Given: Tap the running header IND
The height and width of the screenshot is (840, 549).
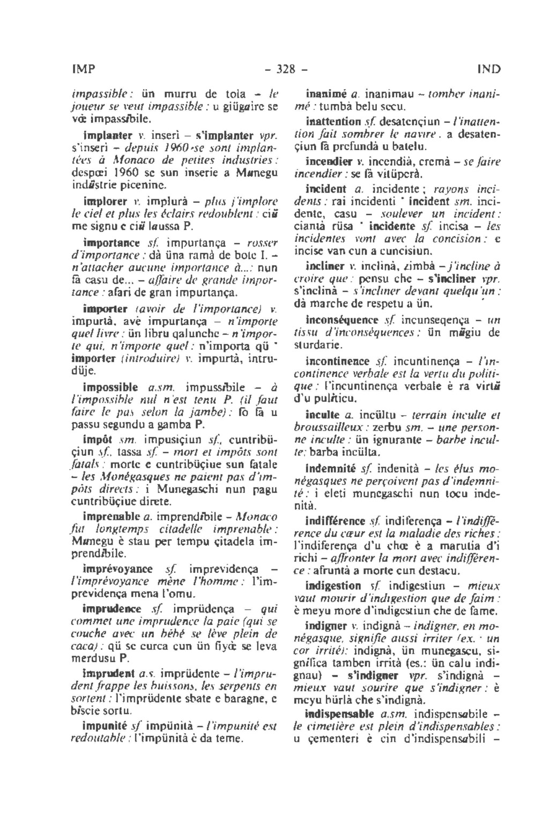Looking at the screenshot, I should click(488, 69).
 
